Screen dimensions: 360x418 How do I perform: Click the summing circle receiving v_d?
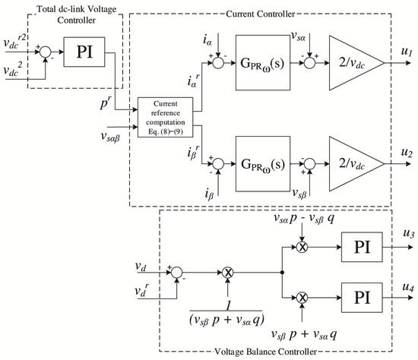(176, 271)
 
